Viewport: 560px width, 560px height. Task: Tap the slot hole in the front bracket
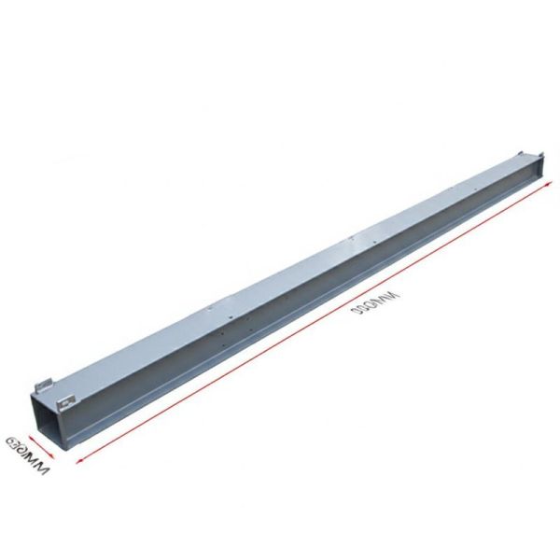64,404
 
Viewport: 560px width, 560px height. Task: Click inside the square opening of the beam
50,424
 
